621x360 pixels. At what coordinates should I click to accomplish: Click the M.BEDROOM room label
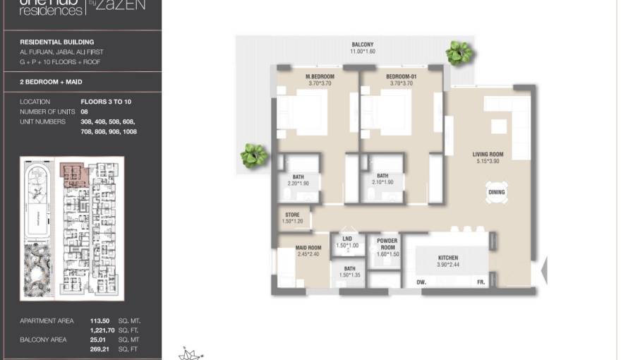point(320,76)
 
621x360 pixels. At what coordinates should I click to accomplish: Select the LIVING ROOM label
point(488,155)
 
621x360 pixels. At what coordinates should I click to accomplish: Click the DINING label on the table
point(497,192)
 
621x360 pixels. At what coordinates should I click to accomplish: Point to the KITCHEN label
point(448,258)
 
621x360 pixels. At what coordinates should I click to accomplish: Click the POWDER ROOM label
point(387,244)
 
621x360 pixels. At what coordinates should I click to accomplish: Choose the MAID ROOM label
point(308,248)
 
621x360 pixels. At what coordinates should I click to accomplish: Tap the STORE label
point(292,215)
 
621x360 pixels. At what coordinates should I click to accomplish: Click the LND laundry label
point(346,239)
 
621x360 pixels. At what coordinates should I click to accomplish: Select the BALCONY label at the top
point(363,44)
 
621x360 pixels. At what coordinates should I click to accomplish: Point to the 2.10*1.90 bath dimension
point(382,183)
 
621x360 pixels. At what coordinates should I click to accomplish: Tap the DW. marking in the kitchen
point(421,282)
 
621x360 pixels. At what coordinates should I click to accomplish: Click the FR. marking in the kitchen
point(480,282)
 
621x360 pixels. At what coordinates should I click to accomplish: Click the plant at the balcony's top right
point(459,52)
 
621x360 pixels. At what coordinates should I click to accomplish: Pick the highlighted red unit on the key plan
point(73,174)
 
